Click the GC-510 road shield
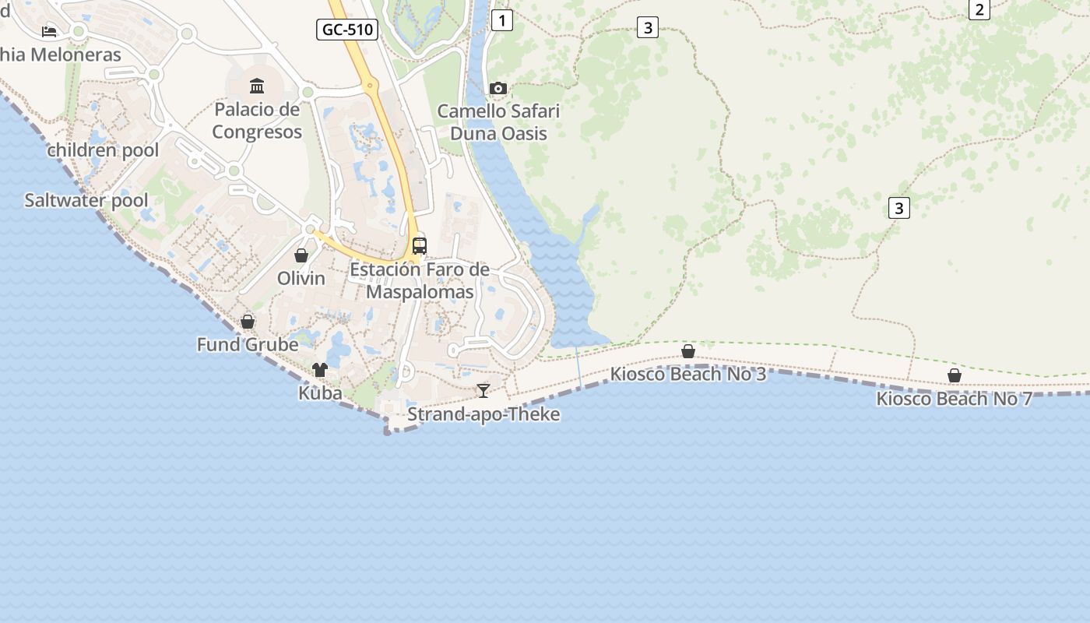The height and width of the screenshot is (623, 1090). click(x=347, y=30)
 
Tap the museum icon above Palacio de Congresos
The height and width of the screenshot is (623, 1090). click(x=257, y=86)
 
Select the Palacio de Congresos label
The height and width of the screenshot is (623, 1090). click(x=257, y=121)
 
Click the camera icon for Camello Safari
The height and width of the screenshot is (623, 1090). click(x=498, y=89)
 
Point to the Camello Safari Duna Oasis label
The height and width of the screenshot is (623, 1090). click(x=498, y=122)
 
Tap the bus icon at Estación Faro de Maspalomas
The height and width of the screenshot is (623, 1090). click(x=420, y=246)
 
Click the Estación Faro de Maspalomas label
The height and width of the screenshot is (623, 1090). click(x=420, y=281)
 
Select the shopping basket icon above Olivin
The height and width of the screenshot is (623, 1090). click(x=301, y=255)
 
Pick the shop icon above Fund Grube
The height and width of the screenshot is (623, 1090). click(x=248, y=322)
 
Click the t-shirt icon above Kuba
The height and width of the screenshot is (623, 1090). click(x=320, y=370)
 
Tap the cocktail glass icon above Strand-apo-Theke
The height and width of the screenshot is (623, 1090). click(x=483, y=390)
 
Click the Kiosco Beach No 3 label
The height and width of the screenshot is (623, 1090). click(x=687, y=375)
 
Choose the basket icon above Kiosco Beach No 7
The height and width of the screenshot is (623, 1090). click(x=955, y=376)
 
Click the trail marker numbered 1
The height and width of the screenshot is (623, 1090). click(x=503, y=20)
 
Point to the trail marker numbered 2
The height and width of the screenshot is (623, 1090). click(x=979, y=9)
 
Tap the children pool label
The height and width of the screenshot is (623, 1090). click(x=103, y=150)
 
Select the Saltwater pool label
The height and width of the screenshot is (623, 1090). click(x=86, y=200)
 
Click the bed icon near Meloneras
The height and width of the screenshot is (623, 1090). click(x=49, y=31)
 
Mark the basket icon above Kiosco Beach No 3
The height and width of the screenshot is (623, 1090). click(x=688, y=351)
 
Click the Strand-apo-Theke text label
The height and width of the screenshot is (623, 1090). click(x=483, y=414)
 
